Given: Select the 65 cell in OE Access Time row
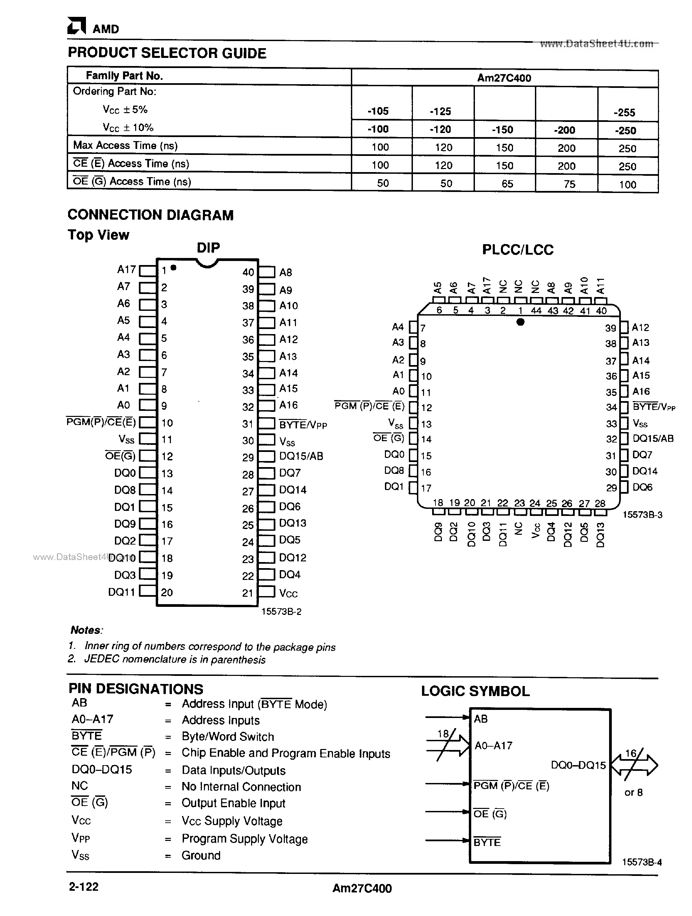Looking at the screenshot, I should coord(507,184).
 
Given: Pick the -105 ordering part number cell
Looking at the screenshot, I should coord(378,111).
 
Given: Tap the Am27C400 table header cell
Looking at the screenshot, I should coord(504,78).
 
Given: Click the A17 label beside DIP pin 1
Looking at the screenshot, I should coord(126,270).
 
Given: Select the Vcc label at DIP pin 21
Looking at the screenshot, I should coord(289,593).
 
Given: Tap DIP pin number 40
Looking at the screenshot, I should coord(248,272).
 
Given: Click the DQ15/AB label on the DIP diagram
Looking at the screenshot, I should coord(301,456).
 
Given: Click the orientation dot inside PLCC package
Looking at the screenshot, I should coord(520,322).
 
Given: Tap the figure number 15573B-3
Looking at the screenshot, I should coord(642,515).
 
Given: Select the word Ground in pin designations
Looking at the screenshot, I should coord(201,855).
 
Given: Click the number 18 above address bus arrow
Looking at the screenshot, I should coord(443,734).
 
